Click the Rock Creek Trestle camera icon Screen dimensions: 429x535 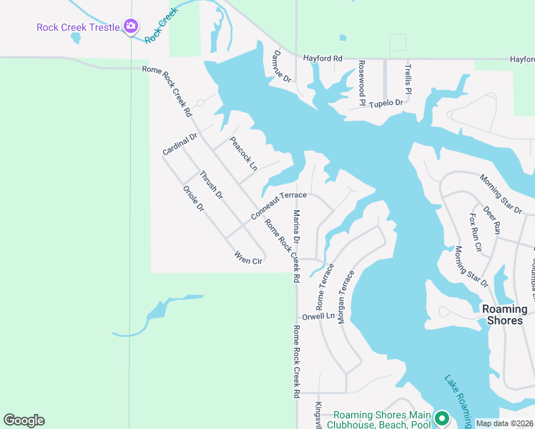click(x=130, y=27)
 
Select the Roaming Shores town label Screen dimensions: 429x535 click(x=504, y=315)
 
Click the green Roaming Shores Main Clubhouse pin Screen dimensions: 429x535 click(x=442, y=418)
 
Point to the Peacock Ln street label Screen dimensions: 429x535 click(x=243, y=154)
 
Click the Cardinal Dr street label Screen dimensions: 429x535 click(x=180, y=144)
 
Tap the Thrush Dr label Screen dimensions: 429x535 click(x=212, y=184)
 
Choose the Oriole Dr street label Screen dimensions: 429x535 click(x=194, y=199)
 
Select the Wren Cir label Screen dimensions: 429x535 click(x=248, y=260)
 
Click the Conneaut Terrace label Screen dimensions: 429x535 click(x=279, y=206)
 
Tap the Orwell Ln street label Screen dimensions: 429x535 click(x=318, y=315)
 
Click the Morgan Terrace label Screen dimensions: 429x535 click(x=346, y=296)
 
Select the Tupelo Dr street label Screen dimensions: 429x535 click(x=386, y=102)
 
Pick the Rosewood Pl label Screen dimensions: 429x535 click(x=363, y=83)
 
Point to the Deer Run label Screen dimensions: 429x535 click(x=491, y=221)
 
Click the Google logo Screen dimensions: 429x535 click(x=24, y=420)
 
